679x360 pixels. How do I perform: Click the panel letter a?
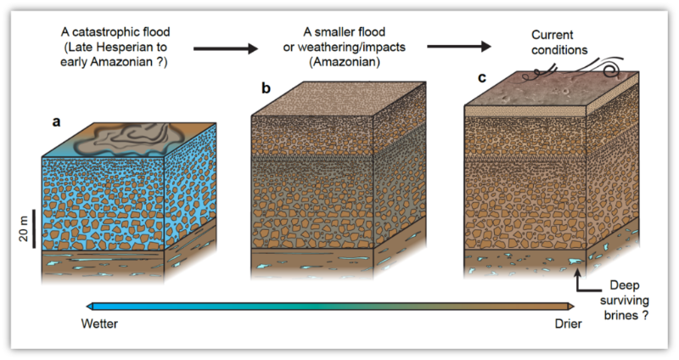coord(57,121)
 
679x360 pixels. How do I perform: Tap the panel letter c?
coord(482,78)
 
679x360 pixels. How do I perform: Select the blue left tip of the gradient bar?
coord(91,307)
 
